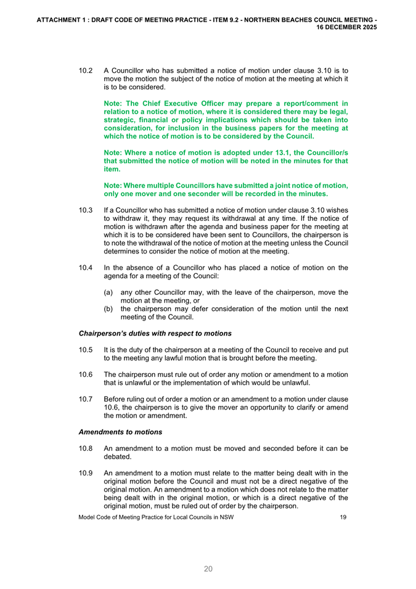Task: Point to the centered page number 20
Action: coord(208,569)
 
